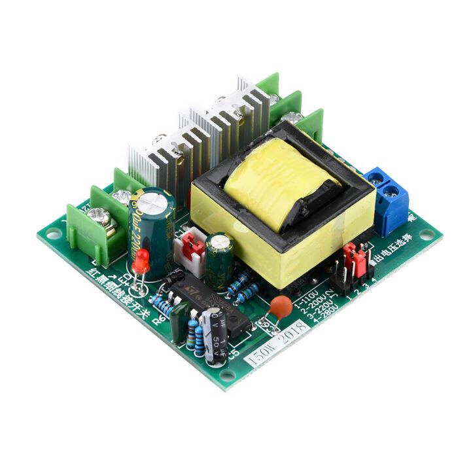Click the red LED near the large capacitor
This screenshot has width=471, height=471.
tap(141, 262)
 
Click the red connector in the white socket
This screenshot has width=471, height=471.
tap(192, 245)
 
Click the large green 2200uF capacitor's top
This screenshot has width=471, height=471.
tap(152, 200)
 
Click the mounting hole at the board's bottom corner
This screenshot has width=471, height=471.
tap(226, 375)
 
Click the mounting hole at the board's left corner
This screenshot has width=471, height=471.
tap(52, 232)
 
